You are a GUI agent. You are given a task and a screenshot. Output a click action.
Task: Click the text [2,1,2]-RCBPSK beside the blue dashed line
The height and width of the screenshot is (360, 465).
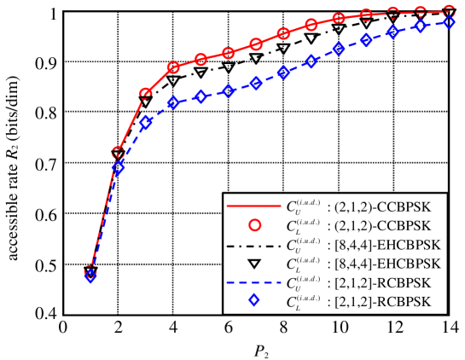click(379, 282)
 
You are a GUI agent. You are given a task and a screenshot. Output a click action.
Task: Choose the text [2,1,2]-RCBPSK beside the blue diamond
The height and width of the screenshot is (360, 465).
click(379, 302)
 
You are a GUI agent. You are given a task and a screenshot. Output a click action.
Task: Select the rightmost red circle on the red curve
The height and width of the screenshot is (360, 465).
click(450, 11)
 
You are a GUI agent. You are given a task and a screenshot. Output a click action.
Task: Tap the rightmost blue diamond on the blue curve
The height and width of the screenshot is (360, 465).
click(450, 22)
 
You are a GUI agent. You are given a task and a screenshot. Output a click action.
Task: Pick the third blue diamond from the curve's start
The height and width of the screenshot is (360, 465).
click(146, 123)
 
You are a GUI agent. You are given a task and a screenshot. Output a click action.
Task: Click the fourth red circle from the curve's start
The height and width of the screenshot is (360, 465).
click(173, 67)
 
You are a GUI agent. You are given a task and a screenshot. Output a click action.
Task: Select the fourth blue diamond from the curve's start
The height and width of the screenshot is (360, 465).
click(173, 103)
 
